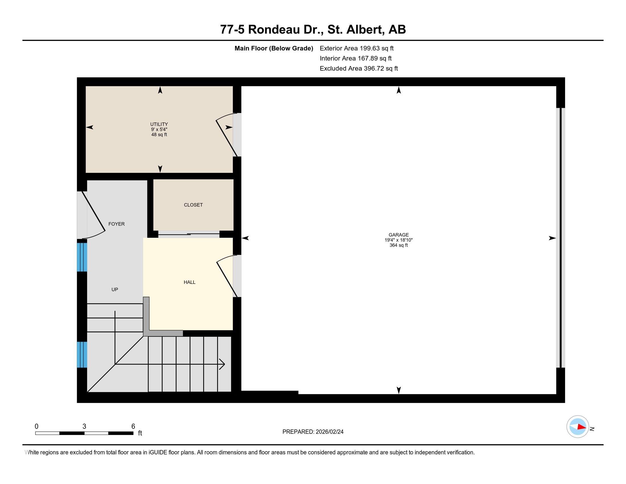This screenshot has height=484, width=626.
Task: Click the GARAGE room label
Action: pos(398,235)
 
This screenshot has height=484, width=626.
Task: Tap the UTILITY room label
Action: pos(159,124)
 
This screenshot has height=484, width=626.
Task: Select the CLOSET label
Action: pos(193,205)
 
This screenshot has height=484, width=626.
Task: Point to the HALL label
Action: pos(190,282)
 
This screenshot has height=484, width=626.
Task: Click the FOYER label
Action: pos(116,224)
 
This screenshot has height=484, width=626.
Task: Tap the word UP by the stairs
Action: pos(115,290)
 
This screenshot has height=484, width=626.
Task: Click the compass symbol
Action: pos(578,427)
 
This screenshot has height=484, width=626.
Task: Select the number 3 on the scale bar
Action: pos(84,426)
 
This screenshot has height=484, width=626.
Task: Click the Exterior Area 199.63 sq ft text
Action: pos(357,48)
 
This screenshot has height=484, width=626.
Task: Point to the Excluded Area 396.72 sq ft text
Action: pos(359,69)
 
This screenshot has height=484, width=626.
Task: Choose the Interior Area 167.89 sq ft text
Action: pos(355,58)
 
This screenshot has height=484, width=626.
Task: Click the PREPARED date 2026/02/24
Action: pos(313,432)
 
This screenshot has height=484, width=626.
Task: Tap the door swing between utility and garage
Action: pos(226,135)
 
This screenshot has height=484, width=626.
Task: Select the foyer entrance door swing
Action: pos(93,215)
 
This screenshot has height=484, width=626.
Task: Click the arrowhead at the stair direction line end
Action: pos(222,364)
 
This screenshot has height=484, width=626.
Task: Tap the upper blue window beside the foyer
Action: pos(82,257)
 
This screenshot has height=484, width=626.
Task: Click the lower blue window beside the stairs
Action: pos(82,354)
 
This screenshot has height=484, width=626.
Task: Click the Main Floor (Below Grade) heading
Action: pos(274,48)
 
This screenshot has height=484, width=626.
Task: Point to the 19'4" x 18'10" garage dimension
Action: pos(398,240)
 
